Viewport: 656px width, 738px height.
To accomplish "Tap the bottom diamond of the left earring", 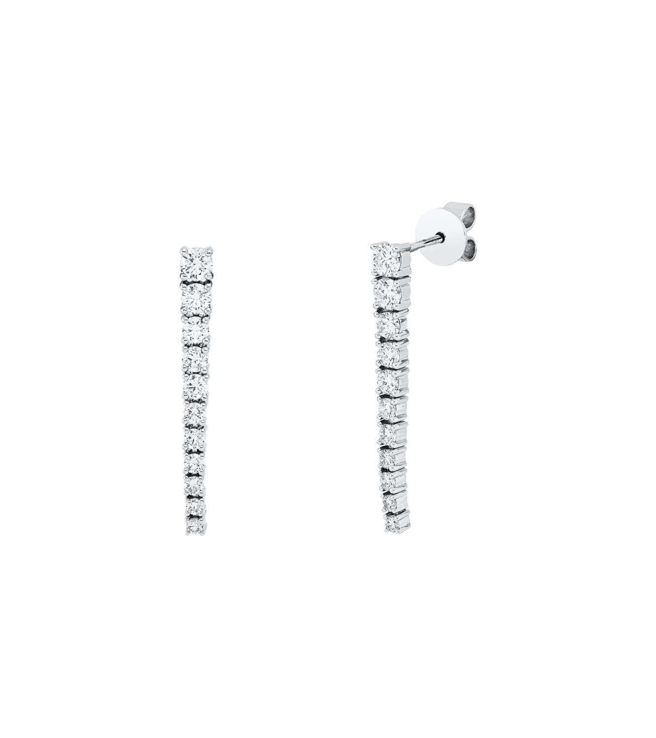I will coord(195,526).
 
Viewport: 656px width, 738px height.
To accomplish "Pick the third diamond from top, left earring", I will coord(196,330).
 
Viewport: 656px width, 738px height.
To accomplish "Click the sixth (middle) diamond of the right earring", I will coord(392,407).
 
